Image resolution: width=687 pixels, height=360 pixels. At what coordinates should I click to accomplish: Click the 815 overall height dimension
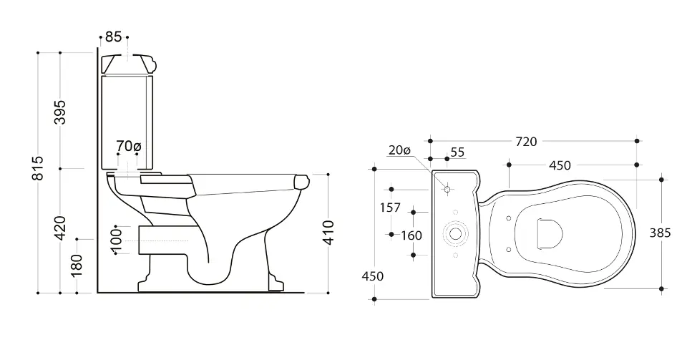click(39, 167)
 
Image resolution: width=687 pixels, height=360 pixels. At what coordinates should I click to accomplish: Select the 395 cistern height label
click(60, 112)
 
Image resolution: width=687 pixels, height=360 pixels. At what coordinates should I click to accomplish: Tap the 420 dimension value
click(60, 228)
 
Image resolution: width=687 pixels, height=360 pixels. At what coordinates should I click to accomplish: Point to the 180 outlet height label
click(77, 266)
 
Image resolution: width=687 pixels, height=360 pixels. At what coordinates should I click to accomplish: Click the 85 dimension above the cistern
click(114, 37)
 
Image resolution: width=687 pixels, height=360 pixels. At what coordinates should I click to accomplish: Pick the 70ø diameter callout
click(128, 146)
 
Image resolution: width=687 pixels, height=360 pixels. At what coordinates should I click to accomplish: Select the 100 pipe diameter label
click(116, 240)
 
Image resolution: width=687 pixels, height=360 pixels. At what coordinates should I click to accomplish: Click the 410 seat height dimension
click(328, 232)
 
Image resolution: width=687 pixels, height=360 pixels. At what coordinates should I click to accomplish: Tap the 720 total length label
click(526, 142)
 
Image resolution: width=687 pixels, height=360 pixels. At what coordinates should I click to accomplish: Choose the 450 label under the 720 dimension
click(560, 165)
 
